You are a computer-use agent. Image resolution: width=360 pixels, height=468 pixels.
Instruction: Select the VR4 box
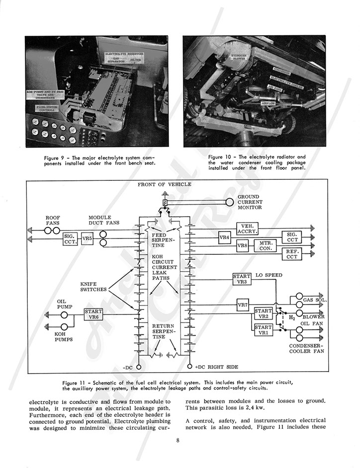pos(225,237)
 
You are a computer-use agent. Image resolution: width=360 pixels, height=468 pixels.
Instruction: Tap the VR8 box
pos(242,246)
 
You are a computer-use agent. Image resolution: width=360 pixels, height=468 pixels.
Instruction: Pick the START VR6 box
pos(93,314)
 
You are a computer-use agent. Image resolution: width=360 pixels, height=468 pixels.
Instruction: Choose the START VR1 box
pos(263,330)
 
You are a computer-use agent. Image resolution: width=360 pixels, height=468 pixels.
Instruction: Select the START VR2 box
pos(263,313)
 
